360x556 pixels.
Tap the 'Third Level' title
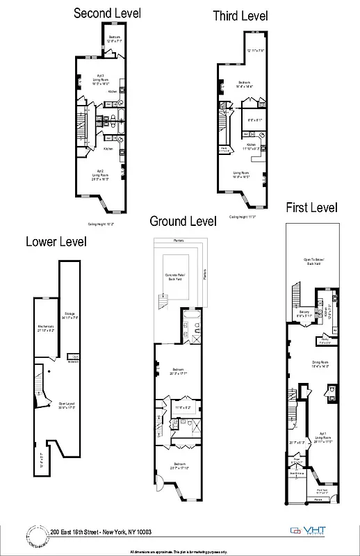[x=240, y=15]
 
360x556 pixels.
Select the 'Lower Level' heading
[x=56, y=242]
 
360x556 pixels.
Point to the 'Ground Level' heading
[x=183, y=221]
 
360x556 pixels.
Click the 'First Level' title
[x=311, y=207]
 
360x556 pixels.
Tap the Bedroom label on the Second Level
[x=113, y=38]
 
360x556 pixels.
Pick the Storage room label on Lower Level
[x=69, y=316]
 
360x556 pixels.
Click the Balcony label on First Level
[x=304, y=313]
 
